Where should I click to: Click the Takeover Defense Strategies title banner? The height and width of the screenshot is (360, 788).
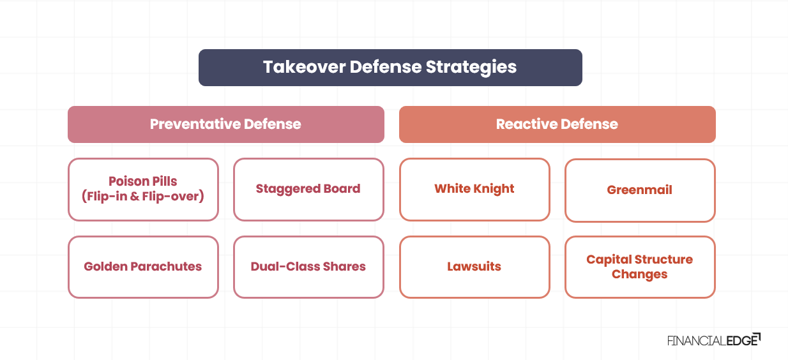(x=390, y=68)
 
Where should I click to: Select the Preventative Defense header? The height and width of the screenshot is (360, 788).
(x=225, y=124)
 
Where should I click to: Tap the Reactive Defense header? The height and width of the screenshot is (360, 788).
(x=557, y=124)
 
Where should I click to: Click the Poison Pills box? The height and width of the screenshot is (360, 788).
(x=143, y=190)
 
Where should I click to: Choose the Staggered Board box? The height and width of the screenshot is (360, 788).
(x=308, y=190)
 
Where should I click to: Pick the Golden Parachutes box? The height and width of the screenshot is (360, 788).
(x=143, y=267)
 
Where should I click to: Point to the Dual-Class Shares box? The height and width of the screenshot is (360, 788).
(x=308, y=267)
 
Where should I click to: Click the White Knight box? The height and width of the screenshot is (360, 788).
(x=474, y=190)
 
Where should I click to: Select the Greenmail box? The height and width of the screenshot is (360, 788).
(x=640, y=190)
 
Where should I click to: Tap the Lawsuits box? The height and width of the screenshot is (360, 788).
(x=474, y=267)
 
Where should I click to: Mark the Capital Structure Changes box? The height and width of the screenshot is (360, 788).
(x=640, y=267)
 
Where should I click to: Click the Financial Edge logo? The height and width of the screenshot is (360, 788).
(x=714, y=340)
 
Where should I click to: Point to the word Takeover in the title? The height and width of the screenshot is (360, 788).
(x=304, y=68)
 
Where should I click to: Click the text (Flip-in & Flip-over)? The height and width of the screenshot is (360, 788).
(x=143, y=197)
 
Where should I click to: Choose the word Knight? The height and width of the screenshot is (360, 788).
(x=495, y=189)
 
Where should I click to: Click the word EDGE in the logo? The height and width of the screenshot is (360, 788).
(x=742, y=340)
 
